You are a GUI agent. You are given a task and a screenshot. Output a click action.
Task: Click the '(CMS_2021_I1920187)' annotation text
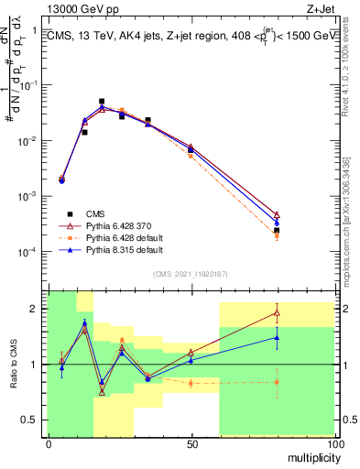tap(191, 273)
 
